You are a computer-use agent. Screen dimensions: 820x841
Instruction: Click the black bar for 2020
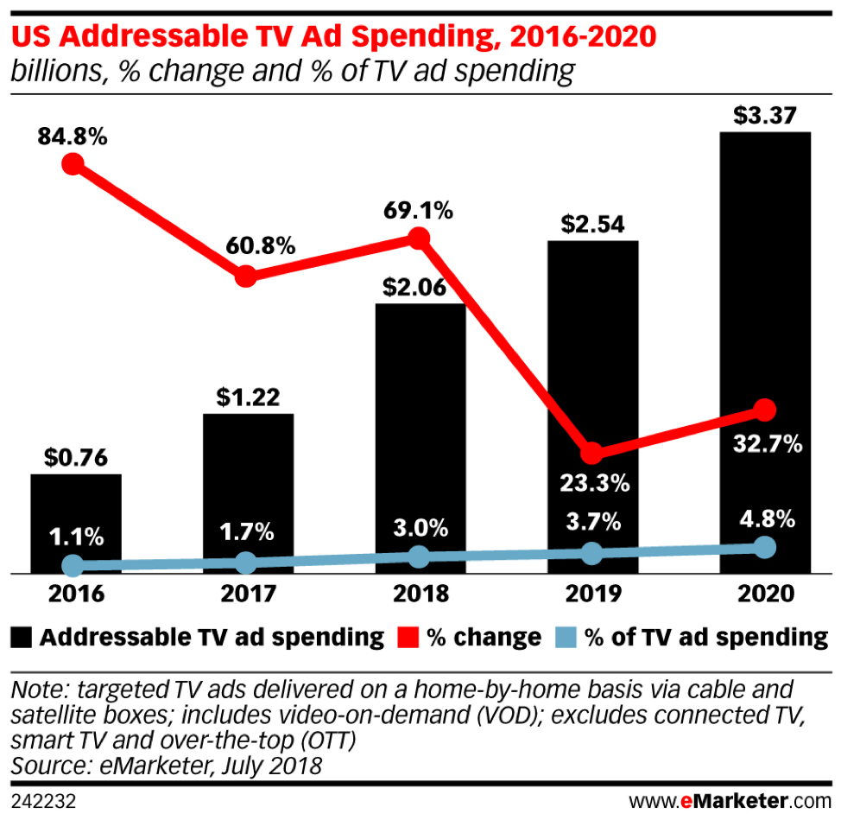[x=765, y=346]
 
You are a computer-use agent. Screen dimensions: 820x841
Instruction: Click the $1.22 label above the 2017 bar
[x=247, y=398]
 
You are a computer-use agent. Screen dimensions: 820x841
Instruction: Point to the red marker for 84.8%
[x=73, y=164]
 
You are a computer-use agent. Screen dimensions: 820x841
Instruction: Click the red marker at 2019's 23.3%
[x=591, y=453]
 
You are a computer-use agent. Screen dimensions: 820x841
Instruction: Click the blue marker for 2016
[x=73, y=566]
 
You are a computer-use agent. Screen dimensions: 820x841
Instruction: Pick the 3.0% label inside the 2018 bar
[x=420, y=527]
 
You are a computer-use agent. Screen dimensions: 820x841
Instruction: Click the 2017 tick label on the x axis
[x=247, y=594]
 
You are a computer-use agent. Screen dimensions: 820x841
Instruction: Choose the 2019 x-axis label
[x=591, y=594]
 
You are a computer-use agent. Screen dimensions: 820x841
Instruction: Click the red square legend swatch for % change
[x=407, y=639]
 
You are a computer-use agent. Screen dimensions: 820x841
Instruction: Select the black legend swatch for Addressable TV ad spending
[x=22, y=639]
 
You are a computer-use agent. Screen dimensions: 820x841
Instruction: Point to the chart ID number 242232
[x=44, y=801]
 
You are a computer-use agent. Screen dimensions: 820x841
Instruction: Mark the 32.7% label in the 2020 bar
[x=765, y=445]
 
